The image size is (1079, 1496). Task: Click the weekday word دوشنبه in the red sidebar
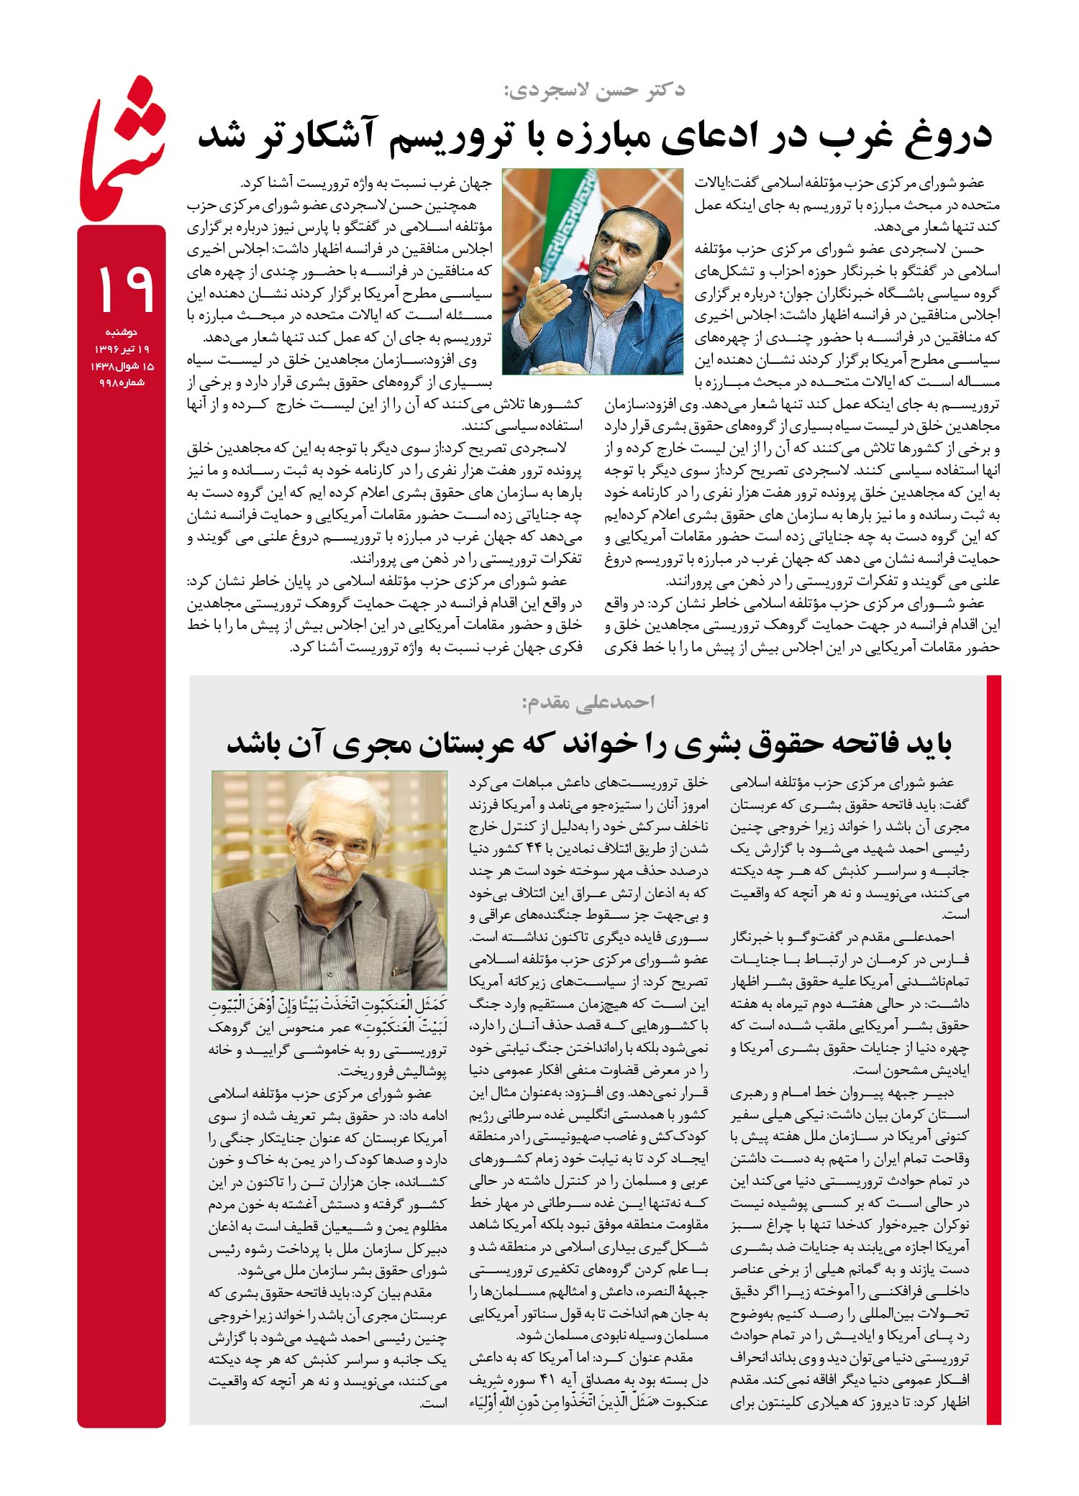[122, 332]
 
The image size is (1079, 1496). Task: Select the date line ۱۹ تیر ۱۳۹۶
[122, 349]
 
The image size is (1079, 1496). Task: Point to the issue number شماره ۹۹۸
[122, 382]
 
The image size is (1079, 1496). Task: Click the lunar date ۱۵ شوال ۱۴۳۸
[122, 366]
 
